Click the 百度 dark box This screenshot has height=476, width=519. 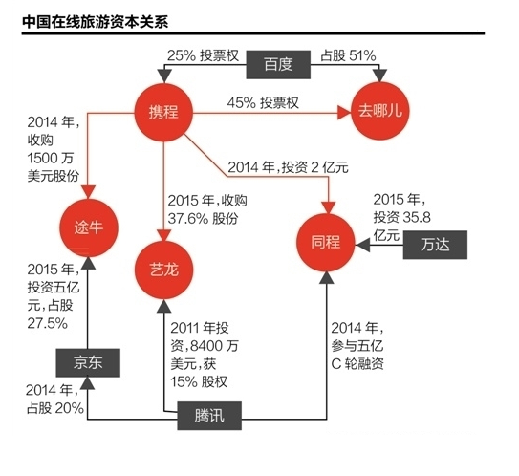tap(278, 65)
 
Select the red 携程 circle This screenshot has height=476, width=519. tap(163, 113)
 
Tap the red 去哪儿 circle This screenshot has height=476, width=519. tap(380, 111)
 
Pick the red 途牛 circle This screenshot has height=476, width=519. tap(89, 227)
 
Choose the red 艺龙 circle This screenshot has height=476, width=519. tap(163, 270)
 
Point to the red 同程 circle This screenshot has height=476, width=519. tap(326, 243)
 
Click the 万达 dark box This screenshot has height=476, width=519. tap(435, 245)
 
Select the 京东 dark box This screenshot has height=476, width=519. tap(88, 363)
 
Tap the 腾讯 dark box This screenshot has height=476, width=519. tap(209, 416)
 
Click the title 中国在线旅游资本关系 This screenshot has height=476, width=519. tap(96, 22)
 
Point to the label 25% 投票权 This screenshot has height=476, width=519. tap(203, 55)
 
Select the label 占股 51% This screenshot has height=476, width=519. tap(348, 55)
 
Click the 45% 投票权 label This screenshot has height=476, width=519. tap(263, 103)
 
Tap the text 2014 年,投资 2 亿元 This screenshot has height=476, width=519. tap(288, 167)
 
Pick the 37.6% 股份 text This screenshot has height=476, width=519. tap(203, 219)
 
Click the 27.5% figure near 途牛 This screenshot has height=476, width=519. tap(48, 323)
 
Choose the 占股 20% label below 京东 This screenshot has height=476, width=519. tap(54, 408)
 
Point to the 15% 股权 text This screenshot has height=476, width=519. tap(199, 382)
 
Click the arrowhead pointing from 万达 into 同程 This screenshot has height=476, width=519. tap(362, 246)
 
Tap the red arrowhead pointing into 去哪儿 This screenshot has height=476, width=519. tap(344, 113)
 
